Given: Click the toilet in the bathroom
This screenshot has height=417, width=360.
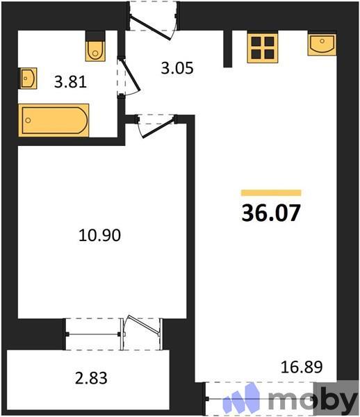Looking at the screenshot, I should point(95,47).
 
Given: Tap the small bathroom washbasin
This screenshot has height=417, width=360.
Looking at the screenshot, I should point(28,78).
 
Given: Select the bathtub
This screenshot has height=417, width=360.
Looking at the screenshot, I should point(54,120).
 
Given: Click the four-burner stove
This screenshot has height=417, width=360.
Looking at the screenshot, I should point(263,47).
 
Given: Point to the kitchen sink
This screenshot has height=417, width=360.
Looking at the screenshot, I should point(322,44).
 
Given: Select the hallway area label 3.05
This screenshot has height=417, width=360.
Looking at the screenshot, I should point(176,68).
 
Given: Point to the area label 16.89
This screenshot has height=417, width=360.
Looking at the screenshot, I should point(302,366).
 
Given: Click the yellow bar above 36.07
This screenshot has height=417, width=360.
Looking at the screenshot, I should point(271,193).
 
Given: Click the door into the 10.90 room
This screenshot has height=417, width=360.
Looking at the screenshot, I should point(155,124).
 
